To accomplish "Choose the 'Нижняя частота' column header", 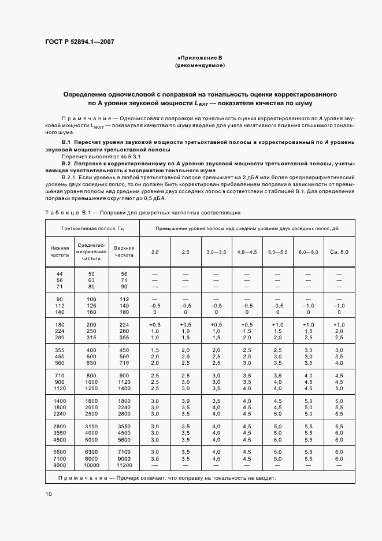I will (60, 251).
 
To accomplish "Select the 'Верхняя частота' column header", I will (124, 251).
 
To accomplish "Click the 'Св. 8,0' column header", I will (339, 252).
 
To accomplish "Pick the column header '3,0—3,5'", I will (217, 252).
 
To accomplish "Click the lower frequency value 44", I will (60, 274).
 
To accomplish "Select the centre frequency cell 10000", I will (91, 465).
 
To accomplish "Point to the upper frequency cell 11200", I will (124, 465).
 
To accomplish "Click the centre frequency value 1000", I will (91, 382).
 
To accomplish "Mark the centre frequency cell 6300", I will (91, 451).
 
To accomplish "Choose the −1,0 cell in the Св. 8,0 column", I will (339, 305).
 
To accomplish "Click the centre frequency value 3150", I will (91, 425).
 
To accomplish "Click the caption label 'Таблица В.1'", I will (65, 212).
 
